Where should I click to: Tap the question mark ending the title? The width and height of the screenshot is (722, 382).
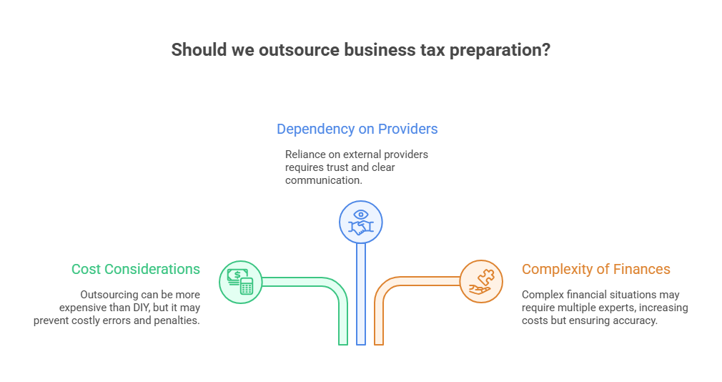[545, 51]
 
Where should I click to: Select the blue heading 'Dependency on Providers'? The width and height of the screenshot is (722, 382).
[357, 129]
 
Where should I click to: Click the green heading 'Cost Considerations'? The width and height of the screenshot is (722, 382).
[136, 269]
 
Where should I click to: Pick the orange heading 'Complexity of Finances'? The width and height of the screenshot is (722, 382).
[596, 269]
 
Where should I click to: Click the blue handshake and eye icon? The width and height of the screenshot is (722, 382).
[360, 221]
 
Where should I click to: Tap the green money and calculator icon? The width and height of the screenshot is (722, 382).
[240, 280]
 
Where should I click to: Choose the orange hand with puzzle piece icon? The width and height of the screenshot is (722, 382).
[480, 280]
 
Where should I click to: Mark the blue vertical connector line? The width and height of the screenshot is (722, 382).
[360, 300]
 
